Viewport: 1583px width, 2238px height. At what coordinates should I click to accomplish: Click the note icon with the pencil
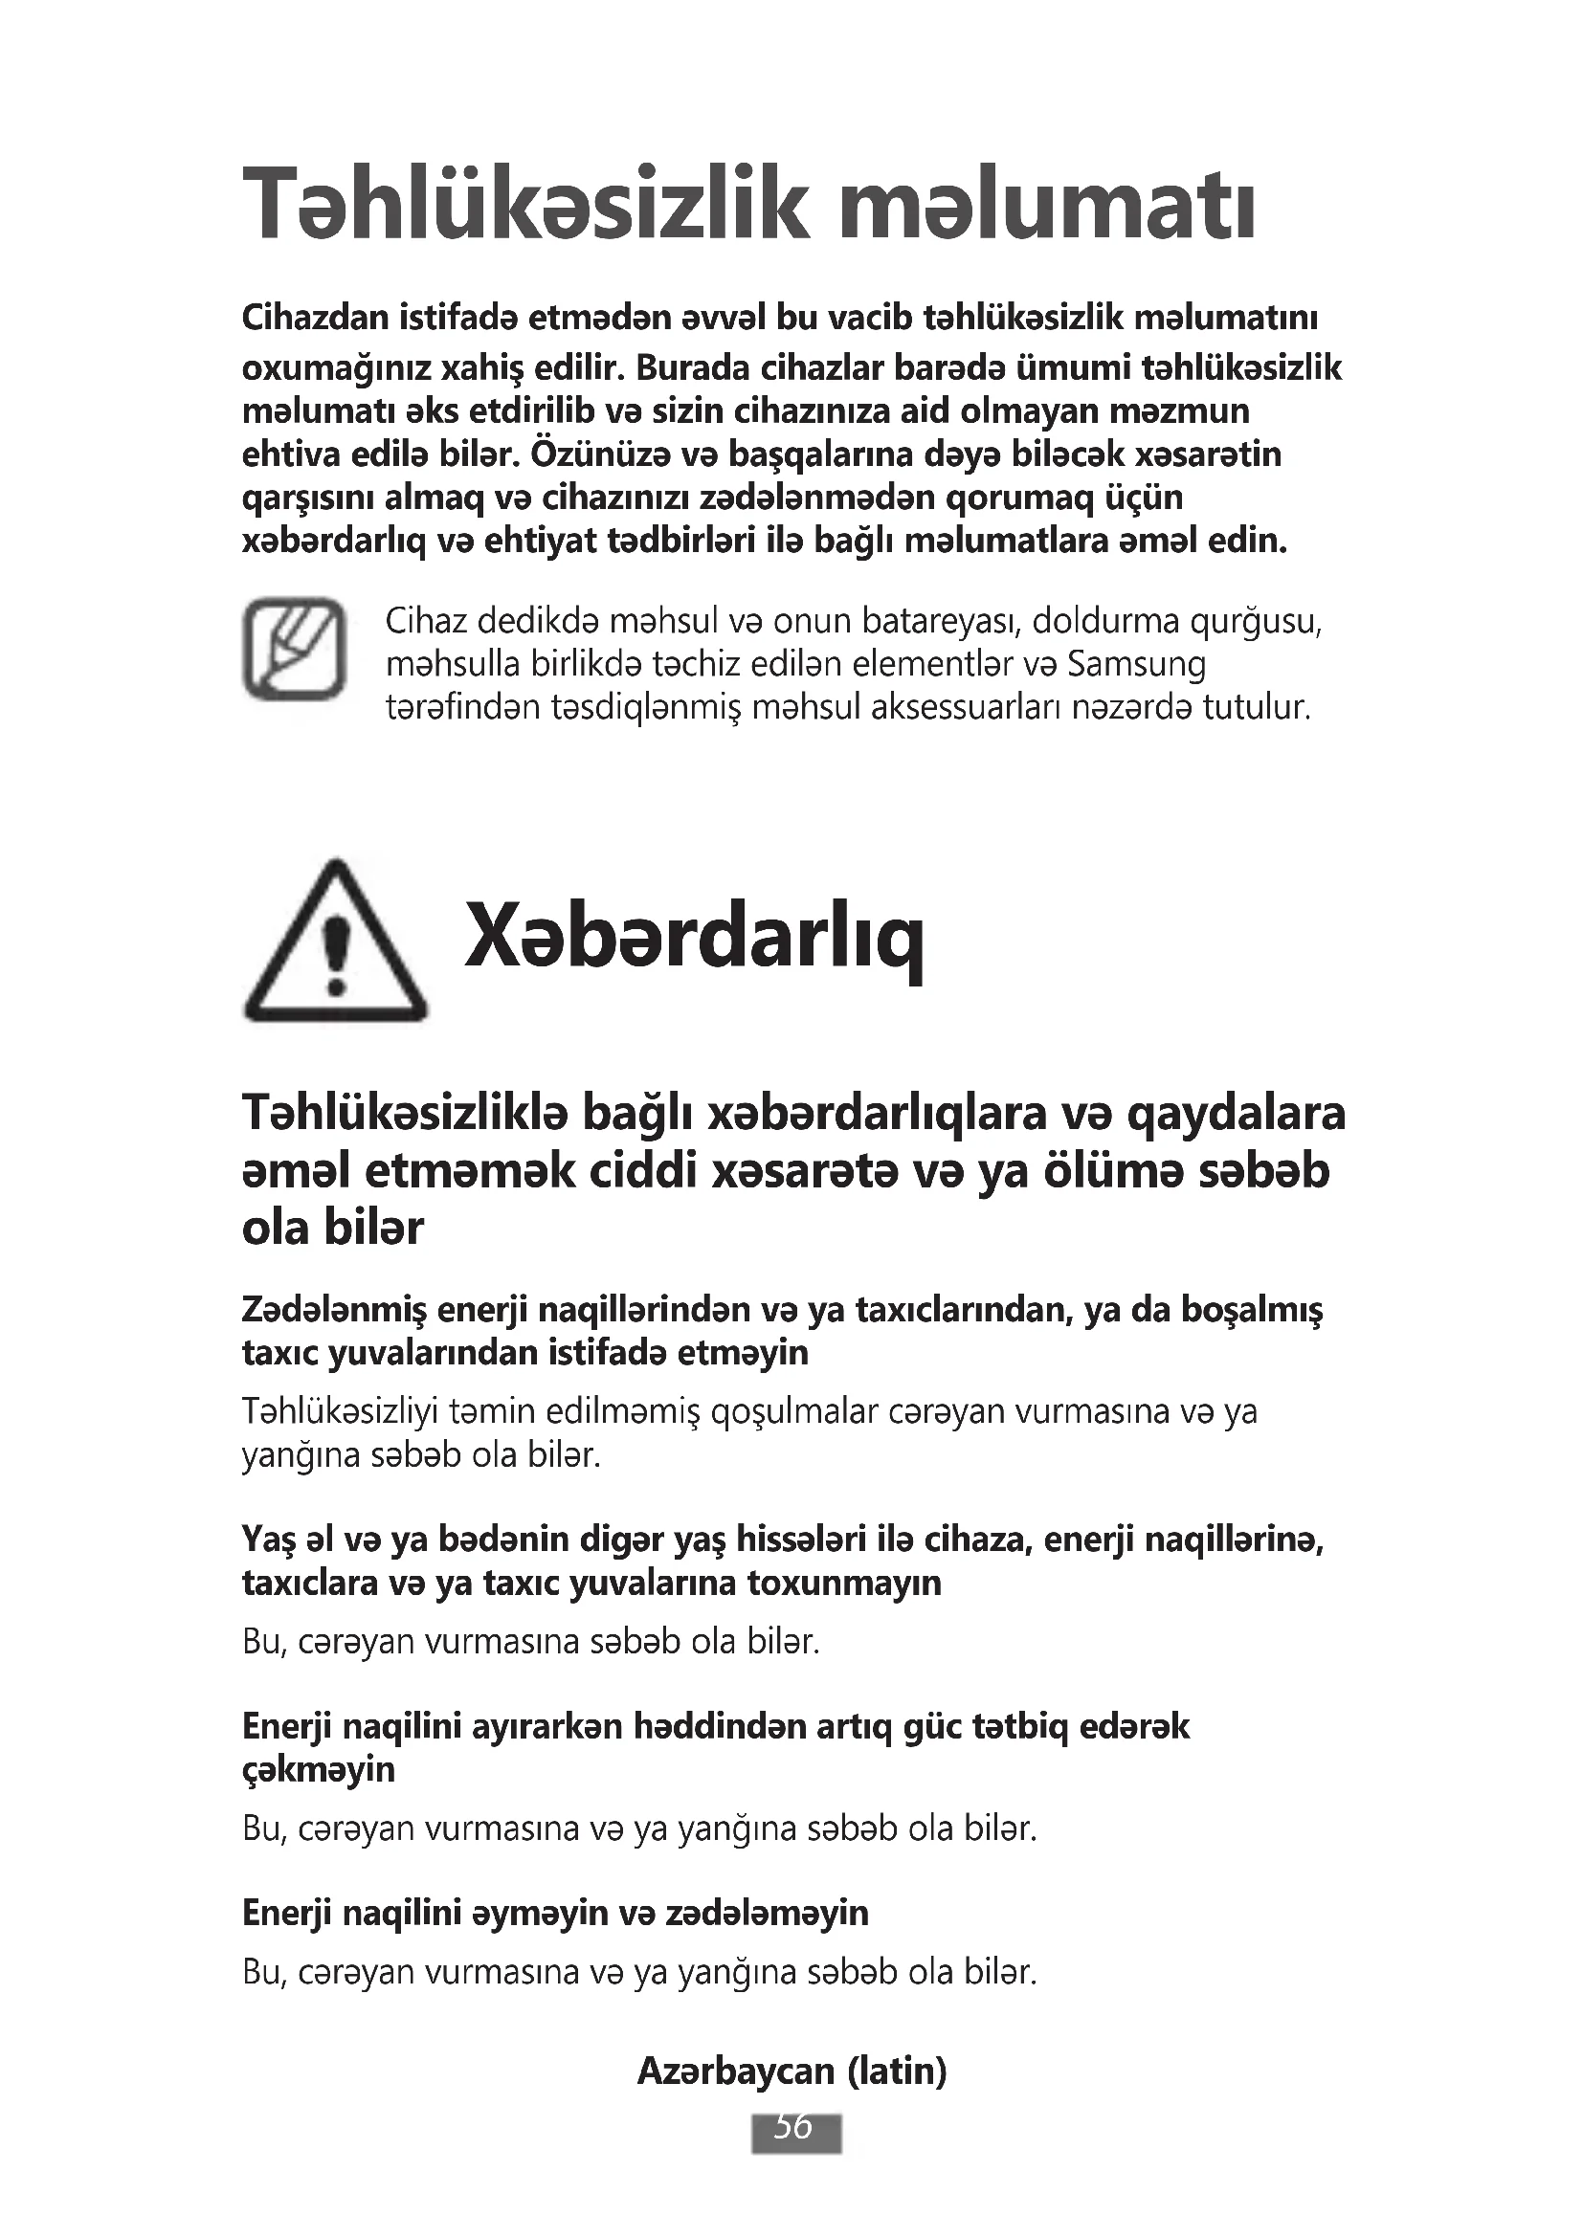point(294,648)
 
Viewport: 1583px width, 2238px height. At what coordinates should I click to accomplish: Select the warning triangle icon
point(334,942)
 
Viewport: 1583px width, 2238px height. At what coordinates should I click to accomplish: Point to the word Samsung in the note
point(1137,665)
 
